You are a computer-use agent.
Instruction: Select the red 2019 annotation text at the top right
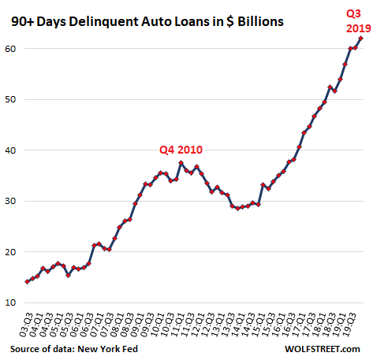coord(349,26)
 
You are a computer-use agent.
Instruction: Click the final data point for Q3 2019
coord(360,38)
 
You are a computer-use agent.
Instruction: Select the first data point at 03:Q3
coord(27,281)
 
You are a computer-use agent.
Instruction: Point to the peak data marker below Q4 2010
coord(181,163)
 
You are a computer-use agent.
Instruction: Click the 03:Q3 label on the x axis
coord(27,323)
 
